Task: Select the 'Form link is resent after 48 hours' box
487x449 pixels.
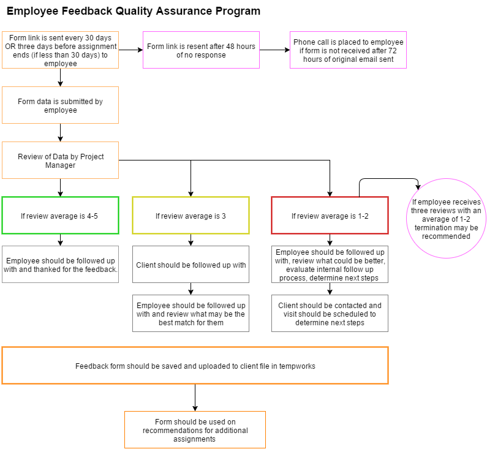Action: click(201, 50)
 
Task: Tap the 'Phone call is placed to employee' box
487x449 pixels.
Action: click(348, 50)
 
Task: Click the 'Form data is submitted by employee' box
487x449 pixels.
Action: click(60, 105)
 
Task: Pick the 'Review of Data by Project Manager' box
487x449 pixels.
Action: click(60, 160)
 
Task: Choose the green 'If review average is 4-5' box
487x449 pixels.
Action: click(60, 215)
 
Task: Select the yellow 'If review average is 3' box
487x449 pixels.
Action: click(191, 215)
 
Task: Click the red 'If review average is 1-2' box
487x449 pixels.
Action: click(330, 215)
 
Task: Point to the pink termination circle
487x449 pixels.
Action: click(446, 218)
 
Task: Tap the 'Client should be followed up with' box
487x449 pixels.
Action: click(191, 265)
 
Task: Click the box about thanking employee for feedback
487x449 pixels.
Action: click(60, 265)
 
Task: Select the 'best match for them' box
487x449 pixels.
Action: click(191, 313)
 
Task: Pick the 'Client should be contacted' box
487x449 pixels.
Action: click(330, 313)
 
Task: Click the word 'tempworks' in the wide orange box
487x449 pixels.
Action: click(297, 366)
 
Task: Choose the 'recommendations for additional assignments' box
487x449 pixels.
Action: click(195, 430)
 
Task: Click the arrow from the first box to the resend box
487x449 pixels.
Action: click(130, 50)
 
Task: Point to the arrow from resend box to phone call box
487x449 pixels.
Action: click(275, 50)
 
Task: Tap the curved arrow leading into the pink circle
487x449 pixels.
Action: click(388, 178)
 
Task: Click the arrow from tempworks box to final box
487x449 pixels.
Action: click(195, 398)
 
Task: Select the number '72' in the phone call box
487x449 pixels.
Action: click(392, 51)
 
